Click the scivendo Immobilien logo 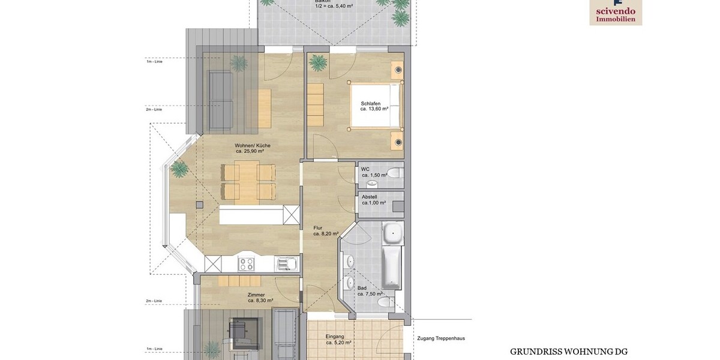(x=616, y=12)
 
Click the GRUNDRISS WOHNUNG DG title (x=568, y=352)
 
